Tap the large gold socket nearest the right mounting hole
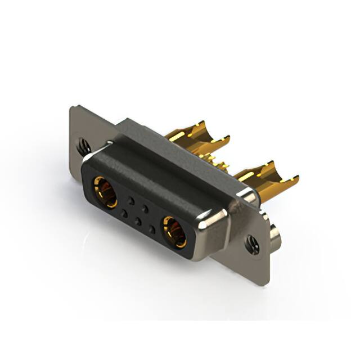tap(175, 232)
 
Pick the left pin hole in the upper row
tap(131, 200)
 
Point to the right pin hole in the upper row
tap(145, 209)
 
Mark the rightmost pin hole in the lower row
tap(152, 229)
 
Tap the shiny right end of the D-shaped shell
tap(217, 222)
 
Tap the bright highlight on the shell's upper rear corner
tap(247, 194)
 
